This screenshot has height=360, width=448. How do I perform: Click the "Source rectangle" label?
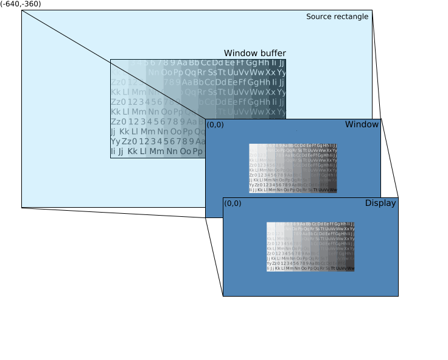[337, 16]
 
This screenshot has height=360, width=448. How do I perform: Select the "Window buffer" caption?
[254, 53]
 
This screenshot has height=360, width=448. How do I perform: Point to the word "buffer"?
[271, 53]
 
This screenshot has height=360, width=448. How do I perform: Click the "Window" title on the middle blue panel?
[362, 124]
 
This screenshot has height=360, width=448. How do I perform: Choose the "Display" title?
[380, 203]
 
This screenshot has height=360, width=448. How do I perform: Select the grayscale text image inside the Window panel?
[293, 168]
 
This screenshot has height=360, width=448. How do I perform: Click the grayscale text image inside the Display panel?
[310, 246]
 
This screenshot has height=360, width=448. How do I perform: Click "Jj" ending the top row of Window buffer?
[282, 63]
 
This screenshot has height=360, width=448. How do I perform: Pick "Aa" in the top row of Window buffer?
[182, 63]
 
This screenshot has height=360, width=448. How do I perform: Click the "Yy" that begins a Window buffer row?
[115, 141]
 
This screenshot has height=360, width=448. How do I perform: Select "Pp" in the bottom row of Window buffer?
[197, 151]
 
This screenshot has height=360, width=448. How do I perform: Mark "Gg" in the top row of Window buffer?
[251, 63]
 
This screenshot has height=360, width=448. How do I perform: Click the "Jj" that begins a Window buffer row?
[113, 132]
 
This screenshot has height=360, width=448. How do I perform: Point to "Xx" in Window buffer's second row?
[270, 72]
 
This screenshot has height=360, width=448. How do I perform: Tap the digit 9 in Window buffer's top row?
[172, 63]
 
